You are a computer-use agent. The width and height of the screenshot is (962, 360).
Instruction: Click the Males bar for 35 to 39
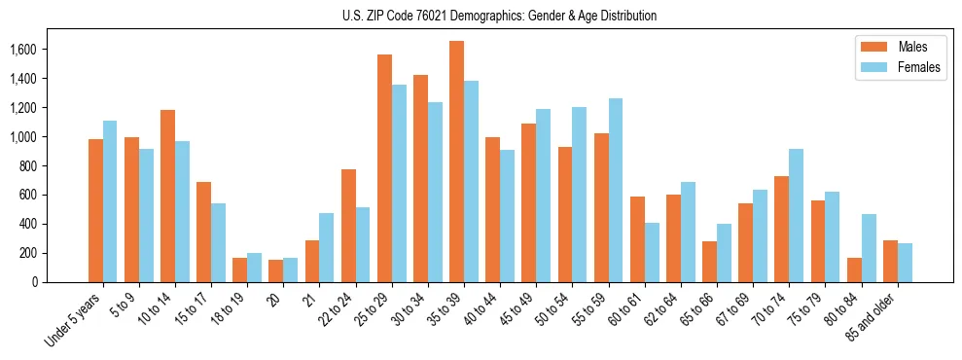pos(456,162)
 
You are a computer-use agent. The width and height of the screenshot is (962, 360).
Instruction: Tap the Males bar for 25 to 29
pos(384,168)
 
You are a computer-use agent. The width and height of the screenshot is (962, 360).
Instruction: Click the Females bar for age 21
pos(327,247)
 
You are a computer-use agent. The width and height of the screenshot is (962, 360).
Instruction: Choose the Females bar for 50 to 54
pos(580,195)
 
